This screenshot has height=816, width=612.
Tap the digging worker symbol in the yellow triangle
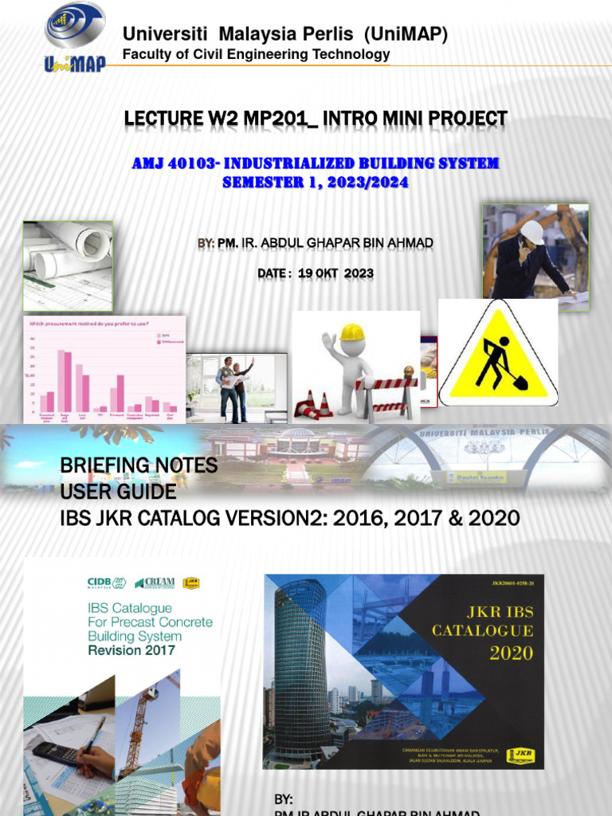point(498,363)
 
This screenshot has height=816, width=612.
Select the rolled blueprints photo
point(68,265)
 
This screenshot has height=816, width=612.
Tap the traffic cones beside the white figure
point(314,404)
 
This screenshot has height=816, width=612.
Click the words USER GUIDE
point(119,492)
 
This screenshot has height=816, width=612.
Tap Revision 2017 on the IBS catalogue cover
point(131,650)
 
